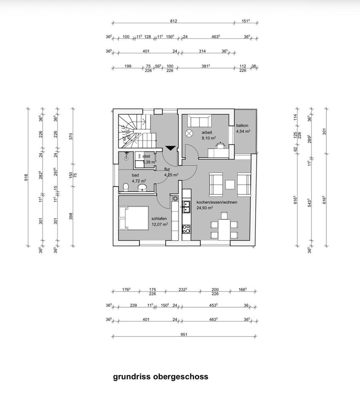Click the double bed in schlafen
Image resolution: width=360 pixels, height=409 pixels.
click(x=133, y=218)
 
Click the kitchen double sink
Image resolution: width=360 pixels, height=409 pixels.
click(x=186, y=207)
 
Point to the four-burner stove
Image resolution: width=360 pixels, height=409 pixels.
click(x=186, y=229)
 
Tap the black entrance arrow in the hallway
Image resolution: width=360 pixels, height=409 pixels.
click(x=170, y=148)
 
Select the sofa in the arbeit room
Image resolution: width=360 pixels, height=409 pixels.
click(x=199, y=121)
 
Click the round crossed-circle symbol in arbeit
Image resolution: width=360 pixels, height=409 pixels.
click(x=189, y=133)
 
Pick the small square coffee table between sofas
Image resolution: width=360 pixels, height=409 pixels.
click(x=230, y=184)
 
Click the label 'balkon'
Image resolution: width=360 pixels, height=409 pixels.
click(x=242, y=126)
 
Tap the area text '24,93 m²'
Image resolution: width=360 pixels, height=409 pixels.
click(x=204, y=208)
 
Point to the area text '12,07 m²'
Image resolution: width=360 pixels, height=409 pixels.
click(x=160, y=224)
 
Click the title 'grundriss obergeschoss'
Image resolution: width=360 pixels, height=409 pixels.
click(x=161, y=377)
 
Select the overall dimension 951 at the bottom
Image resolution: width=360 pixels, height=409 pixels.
click(x=184, y=334)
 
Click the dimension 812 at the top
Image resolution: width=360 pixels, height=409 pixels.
click(x=173, y=21)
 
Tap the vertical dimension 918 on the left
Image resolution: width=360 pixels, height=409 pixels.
click(x=26, y=176)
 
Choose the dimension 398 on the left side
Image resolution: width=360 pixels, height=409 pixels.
click(x=71, y=216)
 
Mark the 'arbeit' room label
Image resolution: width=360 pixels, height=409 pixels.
click(x=207, y=132)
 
